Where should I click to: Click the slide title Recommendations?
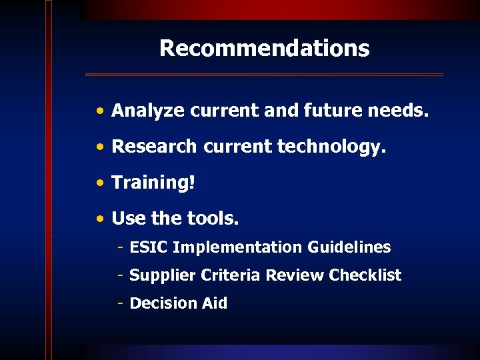264,49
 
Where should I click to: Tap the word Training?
153,183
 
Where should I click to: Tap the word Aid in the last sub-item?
214,303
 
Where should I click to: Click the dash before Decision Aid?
120,303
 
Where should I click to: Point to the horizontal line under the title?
264,75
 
